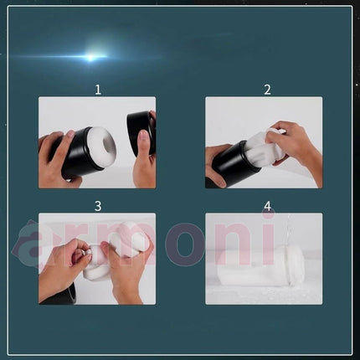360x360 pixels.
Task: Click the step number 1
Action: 98,90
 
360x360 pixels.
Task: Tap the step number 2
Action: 267,90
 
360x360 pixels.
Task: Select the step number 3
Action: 98,206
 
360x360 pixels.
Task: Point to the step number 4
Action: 267,206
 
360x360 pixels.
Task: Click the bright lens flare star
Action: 90,57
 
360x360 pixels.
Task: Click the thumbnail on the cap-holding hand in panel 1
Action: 144,137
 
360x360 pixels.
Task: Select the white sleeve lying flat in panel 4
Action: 261,269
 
